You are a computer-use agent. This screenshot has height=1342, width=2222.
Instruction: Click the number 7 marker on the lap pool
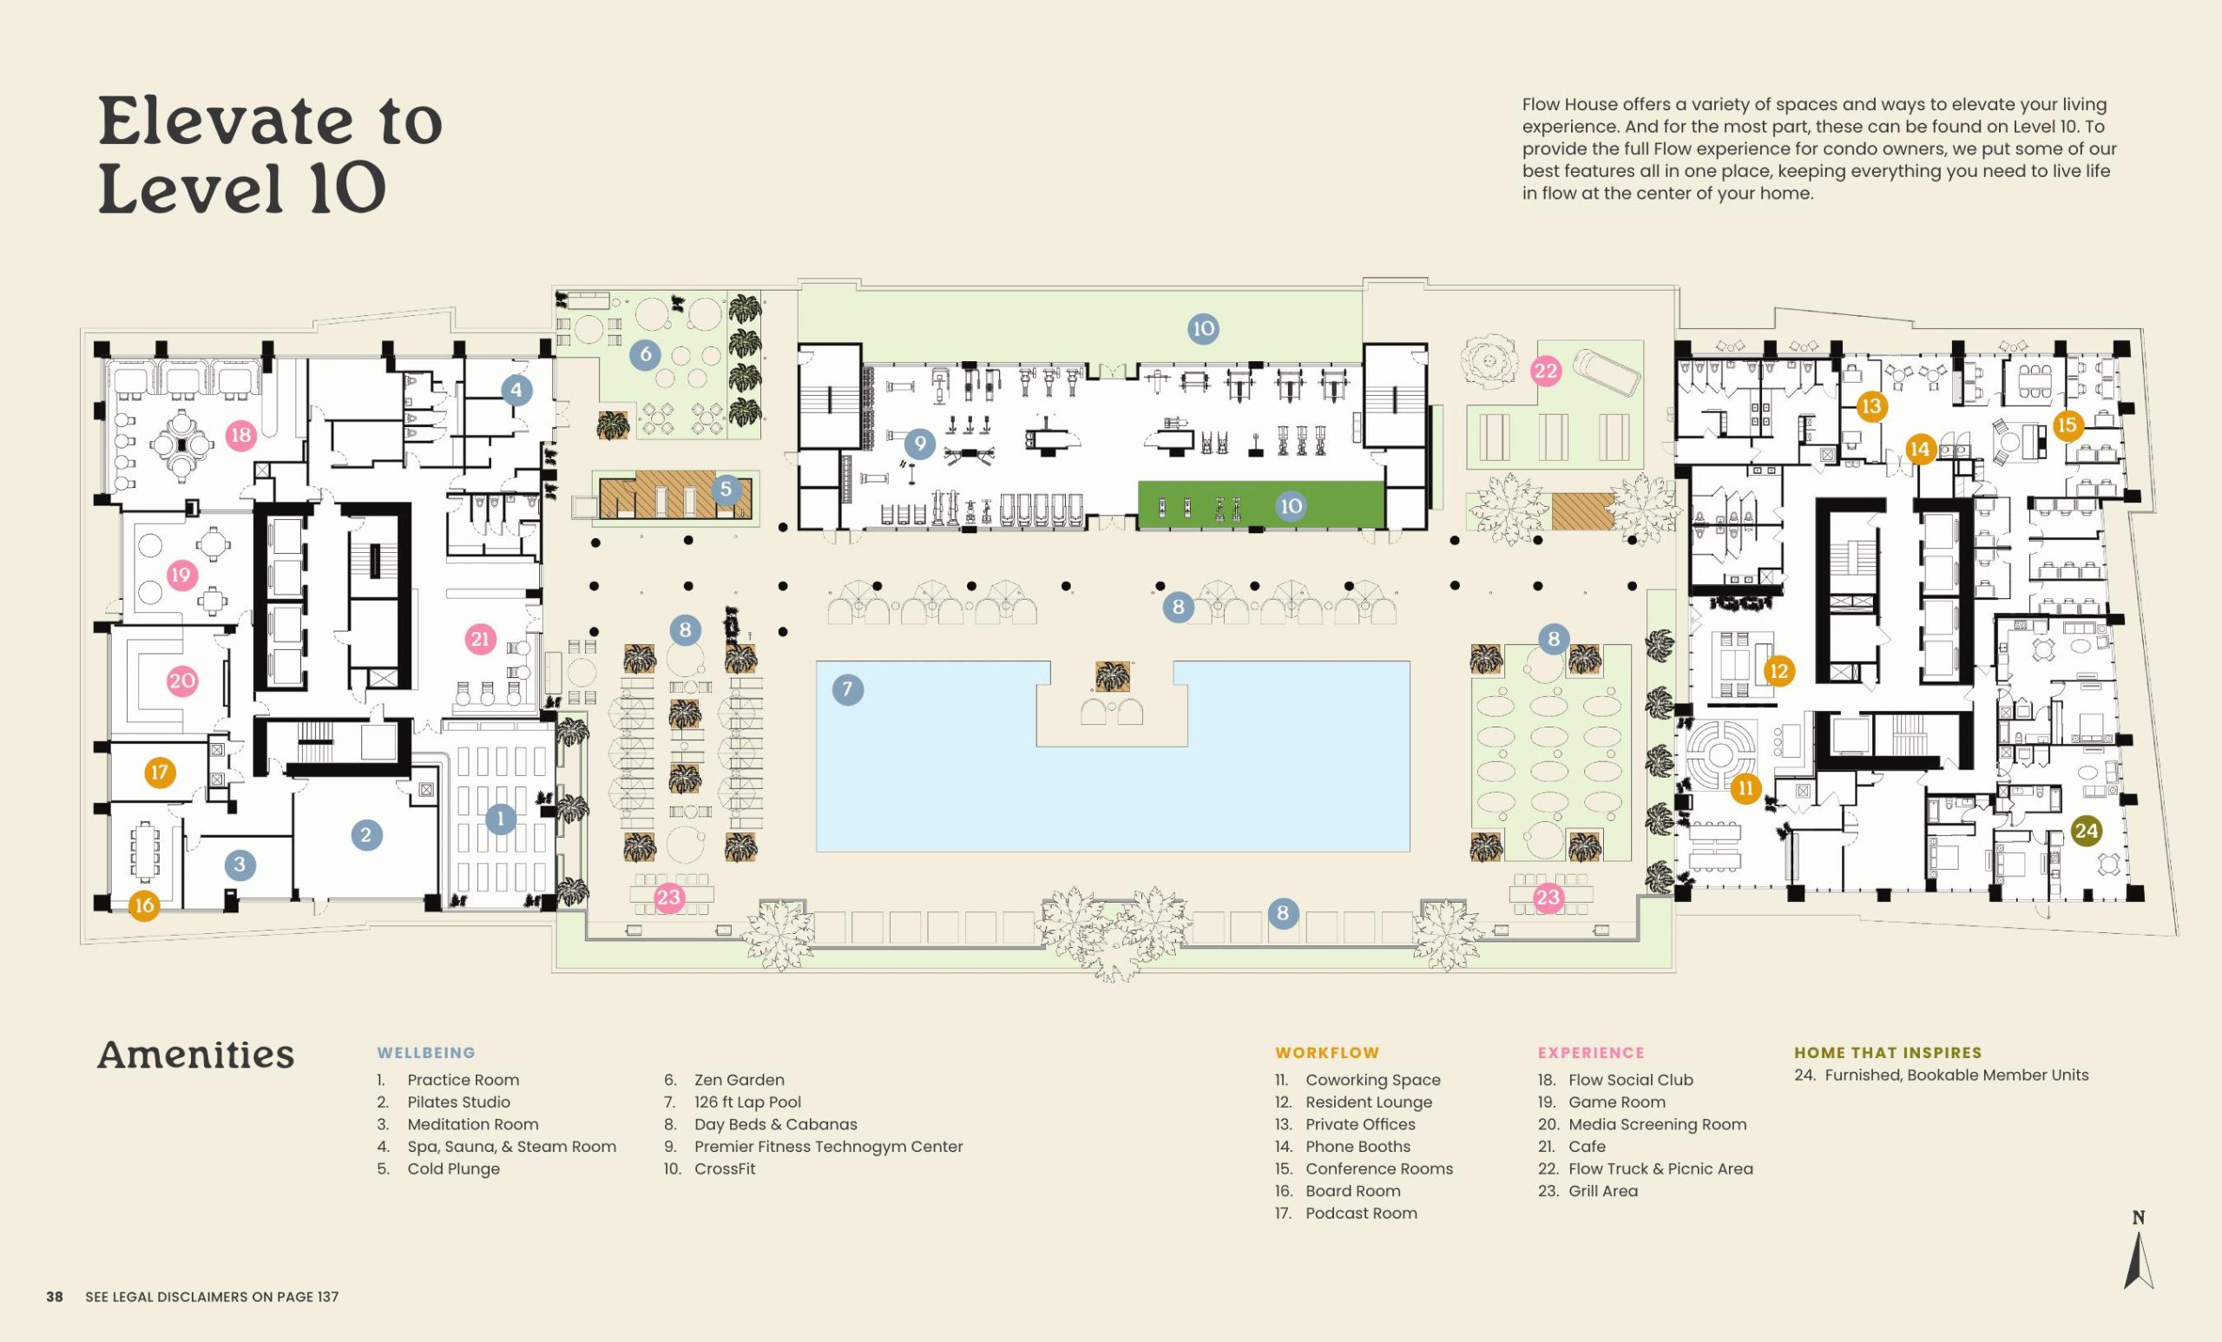[x=847, y=690]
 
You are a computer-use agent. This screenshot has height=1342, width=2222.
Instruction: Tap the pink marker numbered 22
[x=1546, y=371]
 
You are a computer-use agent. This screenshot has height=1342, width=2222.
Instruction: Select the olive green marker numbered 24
[x=2086, y=831]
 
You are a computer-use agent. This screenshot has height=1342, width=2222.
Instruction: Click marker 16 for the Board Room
[x=144, y=905]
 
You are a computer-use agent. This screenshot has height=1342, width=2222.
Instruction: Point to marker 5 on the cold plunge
[x=726, y=490]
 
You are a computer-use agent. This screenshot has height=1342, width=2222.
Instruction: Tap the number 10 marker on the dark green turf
[x=1292, y=506]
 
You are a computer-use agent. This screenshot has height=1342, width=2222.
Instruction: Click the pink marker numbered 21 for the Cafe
[x=480, y=640]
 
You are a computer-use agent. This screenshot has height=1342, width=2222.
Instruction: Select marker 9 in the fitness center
[x=920, y=443]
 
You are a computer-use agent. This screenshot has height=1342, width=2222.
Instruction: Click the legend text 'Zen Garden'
[x=739, y=1080]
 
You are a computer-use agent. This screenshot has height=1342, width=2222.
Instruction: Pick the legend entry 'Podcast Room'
[x=1361, y=1213]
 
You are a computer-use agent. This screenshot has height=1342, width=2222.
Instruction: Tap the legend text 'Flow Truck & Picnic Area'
[x=1660, y=1169]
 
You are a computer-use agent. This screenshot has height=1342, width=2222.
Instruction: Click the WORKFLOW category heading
[x=1326, y=1052]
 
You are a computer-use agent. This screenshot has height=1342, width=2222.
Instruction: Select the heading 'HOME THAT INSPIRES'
[x=1888, y=1052]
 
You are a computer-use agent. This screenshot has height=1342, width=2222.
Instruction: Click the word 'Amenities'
[x=195, y=1055]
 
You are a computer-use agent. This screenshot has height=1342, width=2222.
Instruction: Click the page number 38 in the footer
[x=55, y=1297]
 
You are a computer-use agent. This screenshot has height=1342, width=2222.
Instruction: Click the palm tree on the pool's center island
[x=1112, y=676]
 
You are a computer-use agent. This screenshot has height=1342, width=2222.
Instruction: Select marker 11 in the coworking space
[x=1745, y=788]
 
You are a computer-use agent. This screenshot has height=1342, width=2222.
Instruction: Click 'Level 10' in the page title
[x=241, y=189]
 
